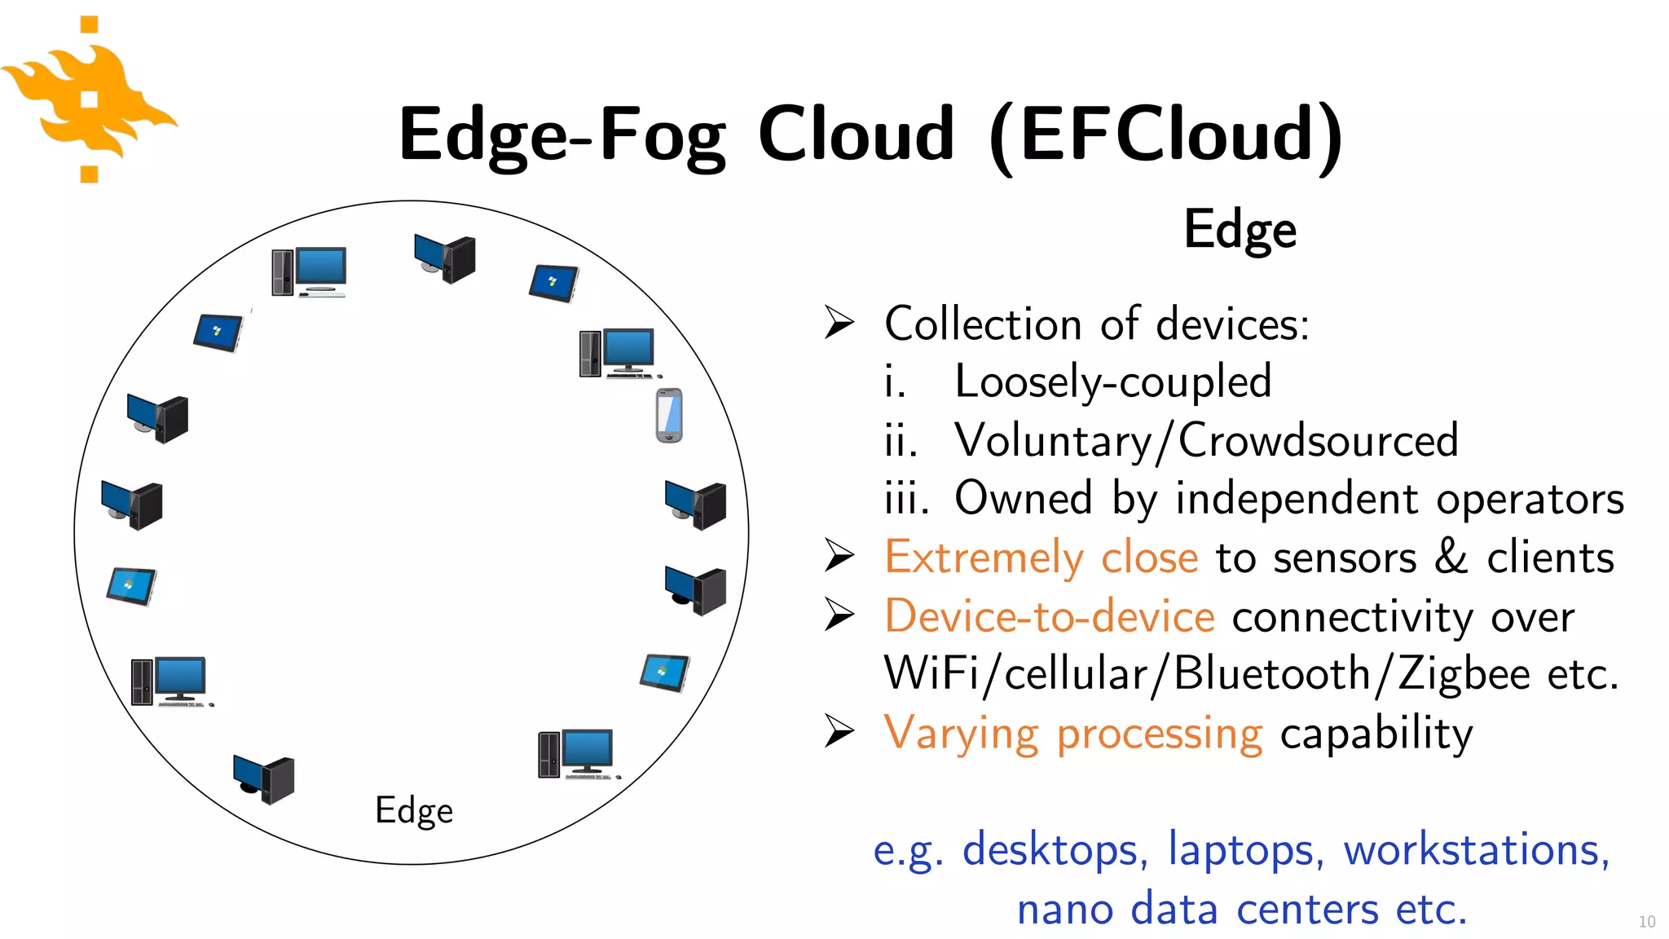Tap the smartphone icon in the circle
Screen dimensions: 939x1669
click(669, 416)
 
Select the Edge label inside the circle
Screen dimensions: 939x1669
click(413, 811)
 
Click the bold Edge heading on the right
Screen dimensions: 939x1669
click(1240, 231)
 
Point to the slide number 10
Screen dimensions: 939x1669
click(1646, 922)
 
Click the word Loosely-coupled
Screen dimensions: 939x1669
click(1112, 381)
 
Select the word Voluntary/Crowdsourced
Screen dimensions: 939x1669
click(1206, 441)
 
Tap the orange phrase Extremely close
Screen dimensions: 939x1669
click(1041, 558)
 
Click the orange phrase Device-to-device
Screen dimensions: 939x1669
click(1049, 617)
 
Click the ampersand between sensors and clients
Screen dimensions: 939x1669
click(1451, 558)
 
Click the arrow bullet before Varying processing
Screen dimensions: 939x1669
click(839, 730)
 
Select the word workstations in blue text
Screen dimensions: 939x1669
click(1476, 850)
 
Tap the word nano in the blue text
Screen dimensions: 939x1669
click(1064, 909)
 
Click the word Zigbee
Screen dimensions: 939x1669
click(1464, 675)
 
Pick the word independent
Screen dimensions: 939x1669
click(1297, 499)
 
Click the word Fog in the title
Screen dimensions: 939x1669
click(662, 135)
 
